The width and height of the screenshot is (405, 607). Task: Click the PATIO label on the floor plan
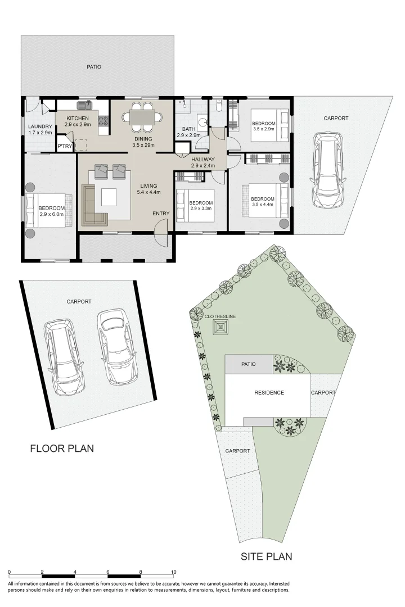click(x=94, y=67)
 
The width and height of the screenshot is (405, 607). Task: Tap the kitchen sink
click(x=84, y=105)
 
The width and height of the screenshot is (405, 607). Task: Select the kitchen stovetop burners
click(x=103, y=121)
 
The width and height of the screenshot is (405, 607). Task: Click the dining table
click(x=142, y=116)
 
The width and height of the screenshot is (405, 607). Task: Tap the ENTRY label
click(x=161, y=214)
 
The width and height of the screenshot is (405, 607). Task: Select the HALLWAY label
click(x=202, y=159)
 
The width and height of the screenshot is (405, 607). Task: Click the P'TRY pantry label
click(x=65, y=146)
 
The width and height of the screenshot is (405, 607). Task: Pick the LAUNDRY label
click(x=40, y=126)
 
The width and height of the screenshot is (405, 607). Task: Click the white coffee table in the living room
click(x=109, y=197)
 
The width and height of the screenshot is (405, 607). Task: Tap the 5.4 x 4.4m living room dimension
click(x=149, y=192)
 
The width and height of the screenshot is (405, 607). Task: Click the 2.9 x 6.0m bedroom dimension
click(x=52, y=214)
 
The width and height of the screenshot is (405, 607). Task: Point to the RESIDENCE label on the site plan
click(x=269, y=392)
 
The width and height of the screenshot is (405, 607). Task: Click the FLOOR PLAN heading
click(x=62, y=449)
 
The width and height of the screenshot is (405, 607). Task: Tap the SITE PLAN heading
click(x=266, y=556)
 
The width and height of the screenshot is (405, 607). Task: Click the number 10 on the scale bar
click(x=174, y=572)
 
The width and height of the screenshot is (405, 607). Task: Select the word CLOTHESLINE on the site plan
click(x=220, y=316)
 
